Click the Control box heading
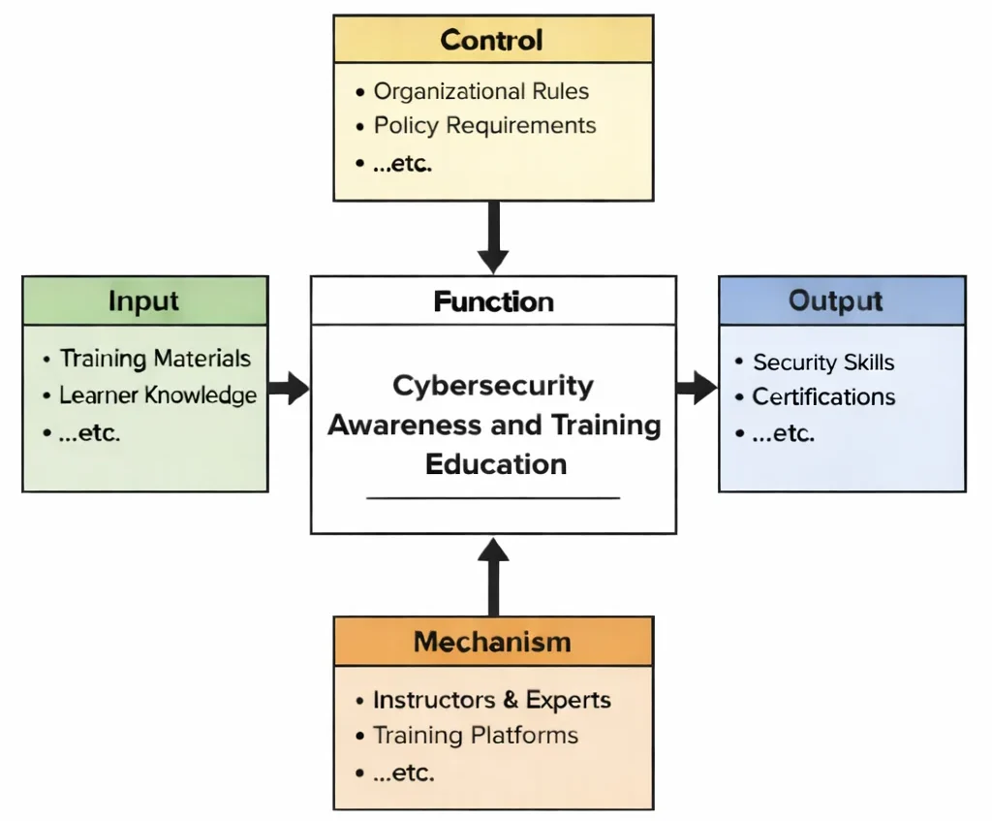tap(492, 41)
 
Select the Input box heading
tap(144, 300)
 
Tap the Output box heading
tap(836, 300)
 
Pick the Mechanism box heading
tap(492, 642)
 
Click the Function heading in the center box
tap(493, 301)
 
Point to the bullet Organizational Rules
tap(480, 91)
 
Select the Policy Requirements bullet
tap(484, 126)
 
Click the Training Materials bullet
tap(155, 359)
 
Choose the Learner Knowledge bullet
tap(157, 395)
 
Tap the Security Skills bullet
tap(823, 363)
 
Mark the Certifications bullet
tap(823, 397)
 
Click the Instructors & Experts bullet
tap(491, 700)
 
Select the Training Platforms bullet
tap(475, 736)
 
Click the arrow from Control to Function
tap(493, 237)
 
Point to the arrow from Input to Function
tap(289, 390)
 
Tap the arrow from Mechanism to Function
tap(493, 576)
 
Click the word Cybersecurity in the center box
tap(493, 386)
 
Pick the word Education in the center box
tap(496, 463)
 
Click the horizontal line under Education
tap(493, 498)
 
